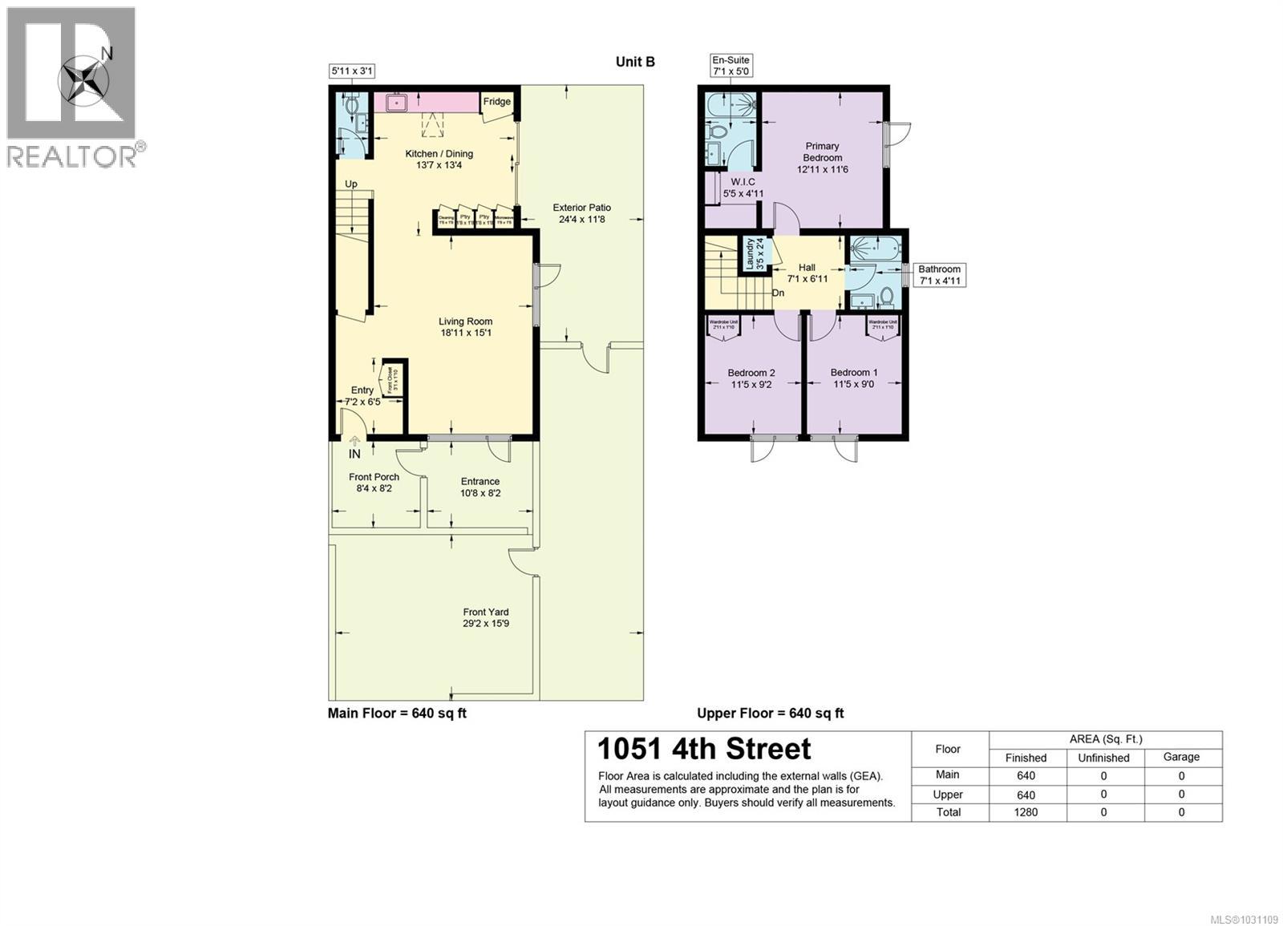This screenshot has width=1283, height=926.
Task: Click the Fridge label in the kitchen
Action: point(496,102)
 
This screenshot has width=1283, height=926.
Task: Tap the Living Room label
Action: point(465,321)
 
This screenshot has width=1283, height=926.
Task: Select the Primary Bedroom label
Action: point(822,152)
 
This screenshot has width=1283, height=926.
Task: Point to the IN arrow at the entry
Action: point(354,441)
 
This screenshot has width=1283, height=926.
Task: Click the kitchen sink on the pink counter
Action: point(398,103)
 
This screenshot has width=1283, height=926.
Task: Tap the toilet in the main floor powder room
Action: point(351,104)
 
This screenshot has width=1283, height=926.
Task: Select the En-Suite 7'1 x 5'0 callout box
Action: point(731,66)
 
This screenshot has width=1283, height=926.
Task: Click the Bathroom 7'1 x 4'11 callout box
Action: point(938,275)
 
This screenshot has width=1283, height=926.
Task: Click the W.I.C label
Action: point(743,182)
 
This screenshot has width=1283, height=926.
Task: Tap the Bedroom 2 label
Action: point(751,373)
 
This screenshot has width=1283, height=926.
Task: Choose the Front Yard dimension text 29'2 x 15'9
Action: point(485,624)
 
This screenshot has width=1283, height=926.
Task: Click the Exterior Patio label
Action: point(581,208)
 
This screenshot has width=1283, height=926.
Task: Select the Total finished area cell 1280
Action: point(1026,812)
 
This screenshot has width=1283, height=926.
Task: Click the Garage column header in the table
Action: point(1181,757)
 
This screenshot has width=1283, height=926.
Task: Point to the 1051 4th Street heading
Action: point(704,749)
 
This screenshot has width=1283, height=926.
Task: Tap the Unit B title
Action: point(635,62)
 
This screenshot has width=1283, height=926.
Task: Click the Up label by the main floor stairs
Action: point(350,184)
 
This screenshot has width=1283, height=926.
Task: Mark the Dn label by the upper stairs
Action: point(778,293)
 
